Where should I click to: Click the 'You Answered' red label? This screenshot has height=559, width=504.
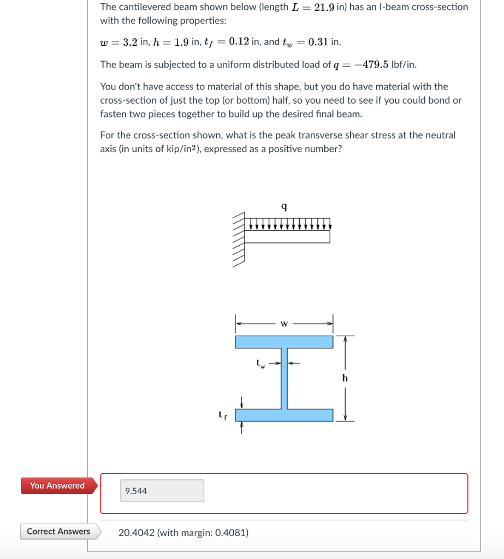click(57, 485)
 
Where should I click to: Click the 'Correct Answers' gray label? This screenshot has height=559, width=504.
click(58, 531)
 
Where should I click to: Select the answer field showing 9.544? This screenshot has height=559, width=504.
click(162, 491)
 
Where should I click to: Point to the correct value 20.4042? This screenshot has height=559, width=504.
click(137, 532)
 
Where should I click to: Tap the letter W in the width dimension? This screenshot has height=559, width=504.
click(284, 323)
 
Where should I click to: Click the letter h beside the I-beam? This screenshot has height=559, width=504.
click(345, 378)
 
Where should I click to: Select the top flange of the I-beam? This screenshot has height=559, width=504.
click(284, 342)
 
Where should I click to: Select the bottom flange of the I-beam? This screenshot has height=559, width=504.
click(284, 415)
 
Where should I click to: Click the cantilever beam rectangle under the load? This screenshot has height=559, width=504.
click(287, 236)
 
